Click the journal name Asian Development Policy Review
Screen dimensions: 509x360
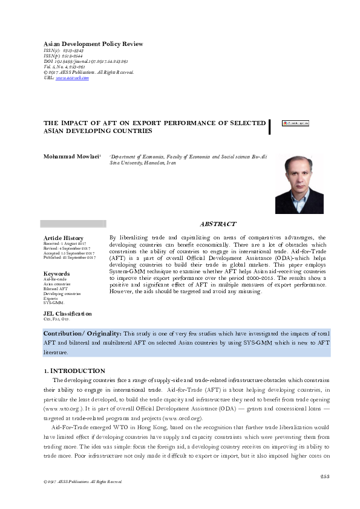tap(93, 44)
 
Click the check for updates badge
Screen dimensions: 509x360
tap(295, 123)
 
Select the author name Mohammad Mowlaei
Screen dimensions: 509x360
tap(67, 156)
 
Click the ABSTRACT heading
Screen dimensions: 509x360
tap(218, 224)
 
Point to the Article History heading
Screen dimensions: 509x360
tap(64, 238)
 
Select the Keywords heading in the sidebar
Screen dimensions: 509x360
tap(57, 273)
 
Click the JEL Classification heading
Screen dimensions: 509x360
tap(68, 314)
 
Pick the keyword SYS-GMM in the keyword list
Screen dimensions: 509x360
tap(54, 302)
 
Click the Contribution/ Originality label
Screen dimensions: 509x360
tap(82, 334)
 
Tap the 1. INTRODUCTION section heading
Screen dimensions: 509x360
tap(74, 371)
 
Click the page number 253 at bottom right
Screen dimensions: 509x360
tap(324, 476)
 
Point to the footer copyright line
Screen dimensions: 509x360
tap(79, 482)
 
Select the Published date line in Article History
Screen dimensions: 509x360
tap(70, 258)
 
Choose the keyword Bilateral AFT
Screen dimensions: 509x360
tap(56, 288)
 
